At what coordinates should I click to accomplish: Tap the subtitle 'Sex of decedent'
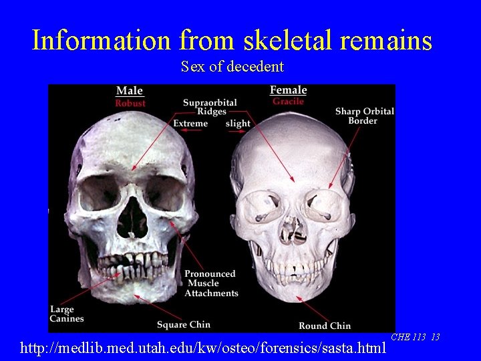point(232,67)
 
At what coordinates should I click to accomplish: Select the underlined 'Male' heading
point(130,91)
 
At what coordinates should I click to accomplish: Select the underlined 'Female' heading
point(288,90)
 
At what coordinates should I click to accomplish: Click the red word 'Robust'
point(130,104)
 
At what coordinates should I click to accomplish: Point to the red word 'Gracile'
point(288,102)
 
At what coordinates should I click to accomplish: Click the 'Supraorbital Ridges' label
point(210,107)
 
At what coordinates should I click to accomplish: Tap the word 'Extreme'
point(190,124)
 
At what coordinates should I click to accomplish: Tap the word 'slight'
point(238,124)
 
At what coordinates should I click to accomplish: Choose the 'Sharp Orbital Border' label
point(364,116)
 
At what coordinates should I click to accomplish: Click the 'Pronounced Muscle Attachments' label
point(211,283)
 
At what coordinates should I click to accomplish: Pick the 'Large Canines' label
point(67,314)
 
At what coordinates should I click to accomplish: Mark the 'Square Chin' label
point(183,325)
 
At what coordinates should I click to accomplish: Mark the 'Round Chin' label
point(324,326)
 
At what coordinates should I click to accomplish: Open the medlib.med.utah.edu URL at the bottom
point(203,348)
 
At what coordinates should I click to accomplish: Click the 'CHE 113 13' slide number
point(415,337)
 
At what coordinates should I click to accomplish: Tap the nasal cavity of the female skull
point(292,229)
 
